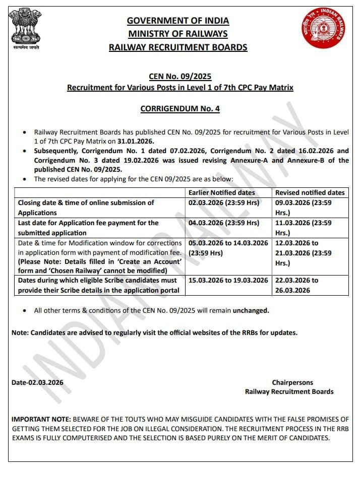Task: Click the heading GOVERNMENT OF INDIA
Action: click(x=178, y=21)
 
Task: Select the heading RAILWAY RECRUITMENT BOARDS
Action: click(x=178, y=47)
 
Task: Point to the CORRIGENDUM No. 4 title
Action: click(x=180, y=108)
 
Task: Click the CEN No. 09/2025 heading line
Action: click(x=180, y=77)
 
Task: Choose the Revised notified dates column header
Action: click(x=310, y=192)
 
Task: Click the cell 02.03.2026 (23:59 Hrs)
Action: click(x=223, y=202)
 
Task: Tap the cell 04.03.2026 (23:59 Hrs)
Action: click(x=223, y=223)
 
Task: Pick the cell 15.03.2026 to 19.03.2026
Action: click(x=228, y=280)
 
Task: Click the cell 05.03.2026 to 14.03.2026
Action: click(x=228, y=243)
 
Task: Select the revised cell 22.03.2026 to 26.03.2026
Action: click(x=297, y=285)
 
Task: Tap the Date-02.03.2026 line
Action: click(x=38, y=382)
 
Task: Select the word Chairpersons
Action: click(x=292, y=382)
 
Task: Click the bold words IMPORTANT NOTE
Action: click(x=41, y=419)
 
